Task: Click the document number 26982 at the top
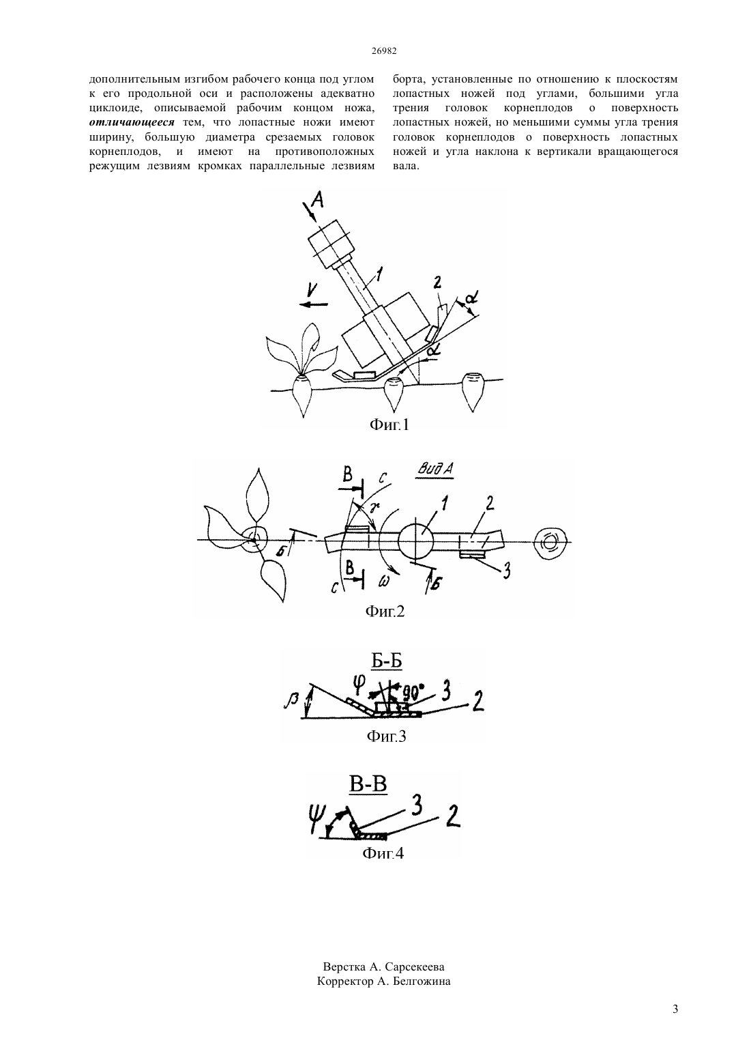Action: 384,51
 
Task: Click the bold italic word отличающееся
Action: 132,122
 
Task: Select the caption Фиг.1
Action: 389,425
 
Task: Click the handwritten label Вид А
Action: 435,470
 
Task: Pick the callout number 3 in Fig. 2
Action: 506,571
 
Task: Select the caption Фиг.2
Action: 385,612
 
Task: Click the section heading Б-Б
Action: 387,661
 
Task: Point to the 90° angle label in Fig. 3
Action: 412,693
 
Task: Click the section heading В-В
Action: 368,784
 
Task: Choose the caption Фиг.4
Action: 383,854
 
